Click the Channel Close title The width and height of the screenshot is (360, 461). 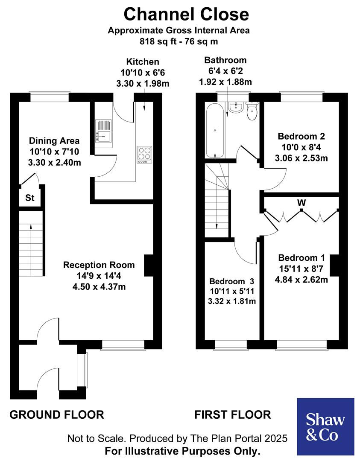(x=186, y=14)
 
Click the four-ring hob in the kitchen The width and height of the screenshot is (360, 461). (x=144, y=154)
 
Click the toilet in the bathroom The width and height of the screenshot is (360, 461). (x=252, y=112)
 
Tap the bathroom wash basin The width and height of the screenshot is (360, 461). (x=235, y=108)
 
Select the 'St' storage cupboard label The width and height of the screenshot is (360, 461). (x=30, y=198)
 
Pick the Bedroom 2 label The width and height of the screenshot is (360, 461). (x=301, y=137)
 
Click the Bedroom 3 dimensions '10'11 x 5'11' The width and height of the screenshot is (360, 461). (x=231, y=292)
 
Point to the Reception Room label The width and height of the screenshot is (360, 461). (x=99, y=265)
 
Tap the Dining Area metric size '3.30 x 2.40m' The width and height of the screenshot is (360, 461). (x=54, y=162)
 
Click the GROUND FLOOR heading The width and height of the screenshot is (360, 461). (x=57, y=414)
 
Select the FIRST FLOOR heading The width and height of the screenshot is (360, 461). (x=232, y=414)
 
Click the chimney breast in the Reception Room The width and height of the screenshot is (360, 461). (x=148, y=265)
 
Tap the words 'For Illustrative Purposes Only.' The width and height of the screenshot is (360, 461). (x=182, y=451)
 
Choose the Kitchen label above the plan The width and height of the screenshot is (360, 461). (x=143, y=62)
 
